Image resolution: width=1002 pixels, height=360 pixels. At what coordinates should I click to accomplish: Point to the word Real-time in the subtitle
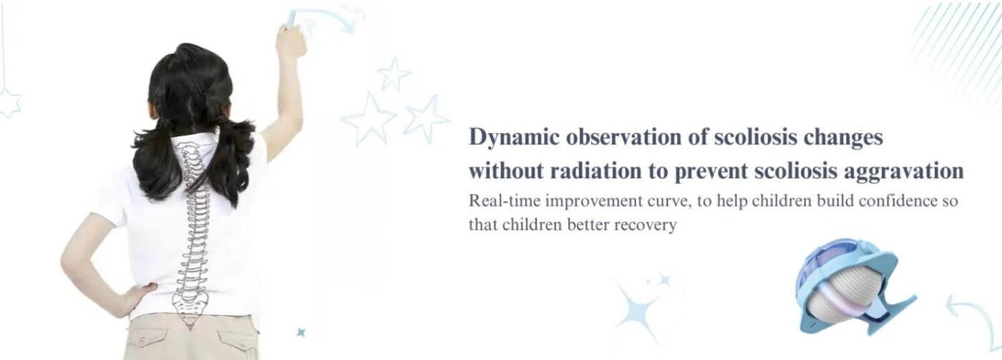tap(503, 201)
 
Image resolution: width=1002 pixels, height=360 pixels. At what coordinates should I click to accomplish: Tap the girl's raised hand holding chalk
tap(291, 41)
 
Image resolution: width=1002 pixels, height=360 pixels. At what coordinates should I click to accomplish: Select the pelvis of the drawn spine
tap(191, 308)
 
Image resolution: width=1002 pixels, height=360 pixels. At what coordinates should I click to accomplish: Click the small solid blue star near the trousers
tap(301, 332)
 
